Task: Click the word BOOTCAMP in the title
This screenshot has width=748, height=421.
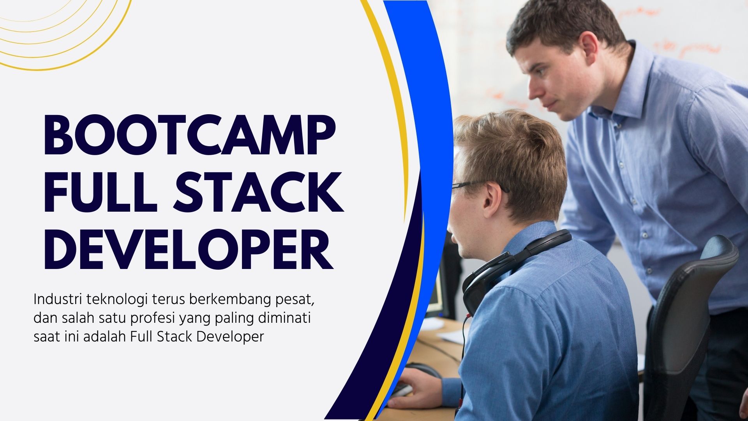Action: pos(189,134)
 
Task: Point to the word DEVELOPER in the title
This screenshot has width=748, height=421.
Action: pos(189,249)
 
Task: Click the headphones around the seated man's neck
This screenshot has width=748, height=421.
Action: pos(506,265)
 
